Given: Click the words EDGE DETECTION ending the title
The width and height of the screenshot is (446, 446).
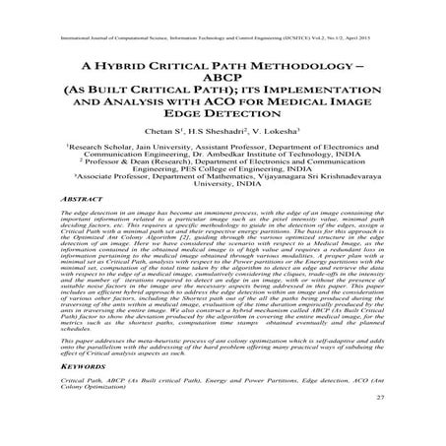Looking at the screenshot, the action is coord(223,126).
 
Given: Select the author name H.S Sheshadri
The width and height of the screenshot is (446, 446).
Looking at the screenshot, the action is coord(228,145).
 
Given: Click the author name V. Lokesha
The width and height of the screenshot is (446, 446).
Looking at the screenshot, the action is coord(287,145).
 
